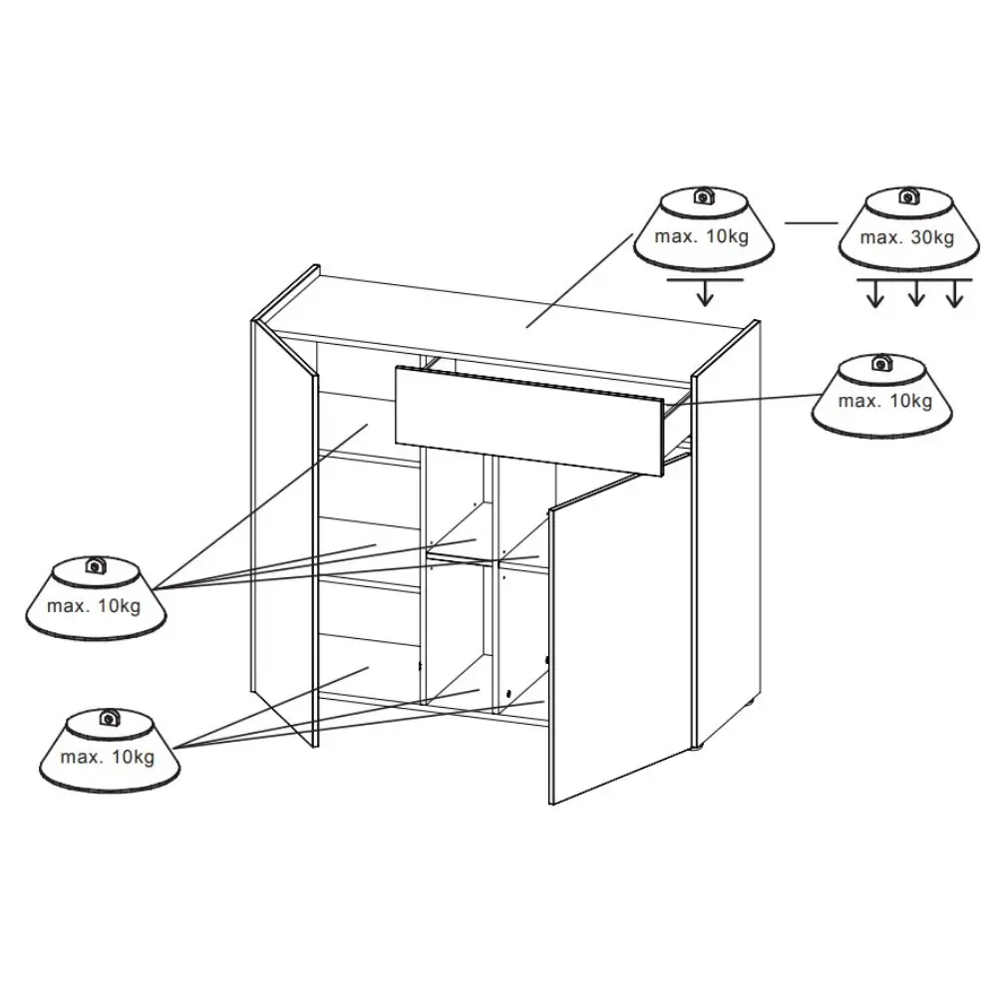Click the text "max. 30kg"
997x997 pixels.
tap(906, 237)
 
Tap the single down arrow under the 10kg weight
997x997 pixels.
tap(705, 292)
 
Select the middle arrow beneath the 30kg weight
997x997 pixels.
tap(915, 293)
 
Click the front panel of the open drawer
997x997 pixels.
tap(529, 419)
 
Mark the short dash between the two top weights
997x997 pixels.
tap(812, 223)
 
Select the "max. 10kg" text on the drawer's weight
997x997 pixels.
tap(885, 401)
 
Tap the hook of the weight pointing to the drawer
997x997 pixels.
tap(881, 363)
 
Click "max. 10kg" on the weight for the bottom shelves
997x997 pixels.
tap(108, 758)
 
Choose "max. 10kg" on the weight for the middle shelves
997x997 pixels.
tap(94, 606)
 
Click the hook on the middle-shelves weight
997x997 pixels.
tap(96, 564)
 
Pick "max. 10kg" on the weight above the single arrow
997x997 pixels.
tap(701, 236)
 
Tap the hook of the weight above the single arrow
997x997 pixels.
tap(703, 195)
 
